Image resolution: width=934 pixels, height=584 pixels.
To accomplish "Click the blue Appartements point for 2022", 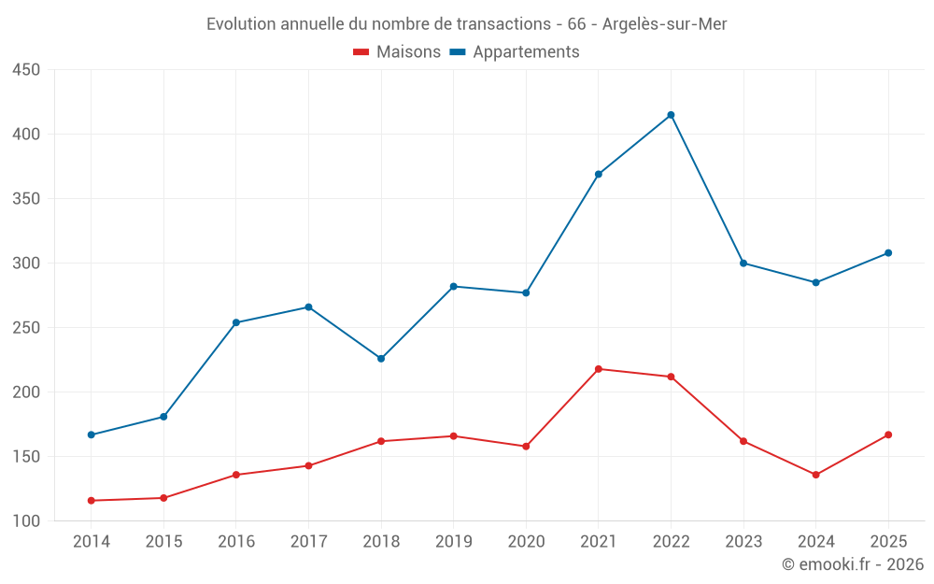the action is click(x=671, y=115).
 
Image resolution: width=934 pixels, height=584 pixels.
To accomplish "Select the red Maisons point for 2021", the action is click(x=599, y=369).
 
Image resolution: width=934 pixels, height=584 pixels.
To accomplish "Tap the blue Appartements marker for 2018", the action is click(x=381, y=359).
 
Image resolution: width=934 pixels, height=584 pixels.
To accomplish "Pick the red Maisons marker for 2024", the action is click(x=816, y=475).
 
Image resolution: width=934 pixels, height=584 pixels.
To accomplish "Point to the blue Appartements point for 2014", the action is click(x=92, y=435).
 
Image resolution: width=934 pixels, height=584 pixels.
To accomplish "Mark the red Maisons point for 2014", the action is click(x=92, y=501).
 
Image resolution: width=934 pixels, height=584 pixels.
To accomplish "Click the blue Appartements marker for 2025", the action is click(x=888, y=253).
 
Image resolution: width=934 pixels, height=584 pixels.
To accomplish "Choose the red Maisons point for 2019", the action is click(x=453, y=436).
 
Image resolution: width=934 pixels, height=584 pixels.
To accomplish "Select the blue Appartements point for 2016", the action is click(x=236, y=322).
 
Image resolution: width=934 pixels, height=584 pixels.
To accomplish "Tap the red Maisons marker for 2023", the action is click(x=743, y=442).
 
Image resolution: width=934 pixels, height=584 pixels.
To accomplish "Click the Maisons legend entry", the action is click(x=397, y=51).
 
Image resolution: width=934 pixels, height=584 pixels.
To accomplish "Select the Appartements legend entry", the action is click(x=515, y=51).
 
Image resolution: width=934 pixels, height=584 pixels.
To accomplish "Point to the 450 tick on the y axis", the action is click(x=26, y=70).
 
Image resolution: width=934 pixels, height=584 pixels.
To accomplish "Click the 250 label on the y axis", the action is click(x=26, y=328).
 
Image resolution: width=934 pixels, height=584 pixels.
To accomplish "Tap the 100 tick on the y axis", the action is click(x=26, y=520).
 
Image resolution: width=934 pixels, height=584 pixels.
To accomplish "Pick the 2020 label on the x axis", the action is click(x=526, y=541).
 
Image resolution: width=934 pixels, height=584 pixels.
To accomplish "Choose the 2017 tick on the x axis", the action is click(x=308, y=541).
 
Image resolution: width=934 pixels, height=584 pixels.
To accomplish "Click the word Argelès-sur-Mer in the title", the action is click(x=665, y=24).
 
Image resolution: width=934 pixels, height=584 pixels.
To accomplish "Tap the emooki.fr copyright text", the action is click(x=853, y=563).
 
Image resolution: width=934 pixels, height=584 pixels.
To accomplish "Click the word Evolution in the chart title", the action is click(x=241, y=24).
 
